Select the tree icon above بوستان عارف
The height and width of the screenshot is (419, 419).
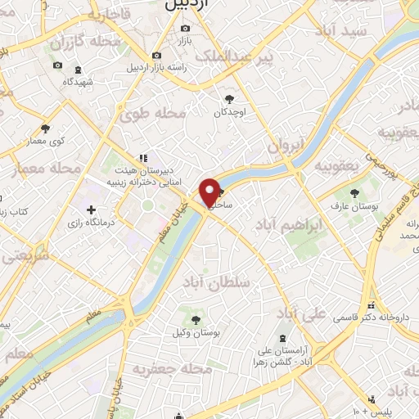coord(355,193)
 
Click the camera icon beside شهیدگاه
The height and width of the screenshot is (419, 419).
coord(57,65)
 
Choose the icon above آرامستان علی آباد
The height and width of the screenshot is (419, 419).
coord(282,339)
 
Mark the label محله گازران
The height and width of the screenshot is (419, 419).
coord(81,42)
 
